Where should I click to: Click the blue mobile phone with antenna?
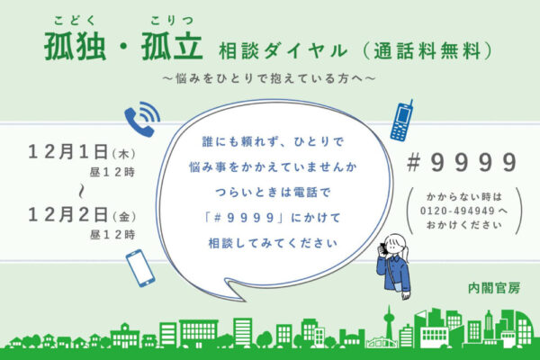(x=401, y=121)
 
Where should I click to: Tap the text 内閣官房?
(x=494, y=289)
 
